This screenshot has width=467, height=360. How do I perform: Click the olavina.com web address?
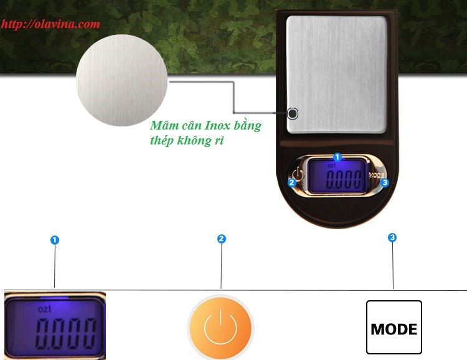(x=50, y=25)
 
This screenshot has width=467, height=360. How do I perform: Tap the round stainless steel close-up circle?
(x=122, y=81)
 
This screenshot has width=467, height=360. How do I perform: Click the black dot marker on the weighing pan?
(x=293, y=113)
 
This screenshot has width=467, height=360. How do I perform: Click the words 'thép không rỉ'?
(x=187, y=141)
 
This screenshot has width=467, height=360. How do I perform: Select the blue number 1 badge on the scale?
(x=337, y=158)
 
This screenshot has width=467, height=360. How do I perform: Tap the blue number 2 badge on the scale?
(x=291, y=182)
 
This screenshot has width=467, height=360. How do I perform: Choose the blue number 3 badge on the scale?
(x=385, y=182)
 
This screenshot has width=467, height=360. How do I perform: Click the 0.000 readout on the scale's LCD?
(x=344, y=181)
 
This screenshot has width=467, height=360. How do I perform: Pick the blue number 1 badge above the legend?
(x=55, y=240)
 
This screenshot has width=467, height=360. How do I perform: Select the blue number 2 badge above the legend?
(x=221, y=239)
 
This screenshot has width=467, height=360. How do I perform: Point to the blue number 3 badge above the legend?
(x=392, y=237)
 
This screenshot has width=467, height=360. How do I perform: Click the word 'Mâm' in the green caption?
(x=163, y=125)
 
